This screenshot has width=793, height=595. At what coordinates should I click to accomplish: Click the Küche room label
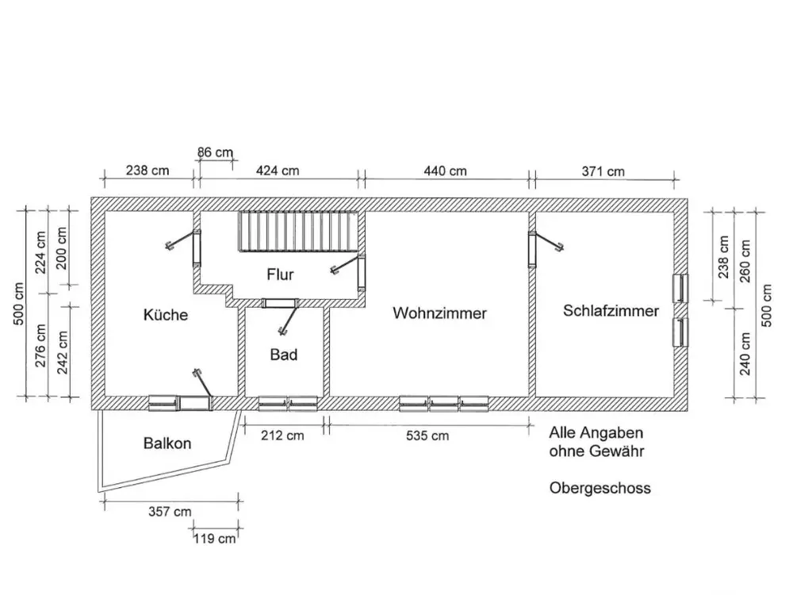166,315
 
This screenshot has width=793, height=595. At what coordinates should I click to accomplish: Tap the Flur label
280,274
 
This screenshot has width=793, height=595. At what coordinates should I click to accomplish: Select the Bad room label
283,355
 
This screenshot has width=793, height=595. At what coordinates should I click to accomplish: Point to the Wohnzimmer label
439,313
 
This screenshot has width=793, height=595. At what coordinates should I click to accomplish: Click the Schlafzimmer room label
611,311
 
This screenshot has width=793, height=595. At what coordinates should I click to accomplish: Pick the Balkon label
167,443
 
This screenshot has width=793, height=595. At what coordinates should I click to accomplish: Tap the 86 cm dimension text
216,152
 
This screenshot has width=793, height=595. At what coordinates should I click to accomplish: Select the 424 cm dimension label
278,171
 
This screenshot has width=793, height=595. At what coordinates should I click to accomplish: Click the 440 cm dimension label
445,171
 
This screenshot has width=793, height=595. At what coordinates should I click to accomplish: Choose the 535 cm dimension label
427,436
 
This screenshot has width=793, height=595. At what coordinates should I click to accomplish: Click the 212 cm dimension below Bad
282,436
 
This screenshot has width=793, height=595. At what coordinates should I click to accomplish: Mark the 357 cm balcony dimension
170,512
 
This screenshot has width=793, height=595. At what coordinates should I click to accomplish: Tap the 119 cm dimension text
215,539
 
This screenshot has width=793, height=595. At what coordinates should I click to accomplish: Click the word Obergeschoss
600,488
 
